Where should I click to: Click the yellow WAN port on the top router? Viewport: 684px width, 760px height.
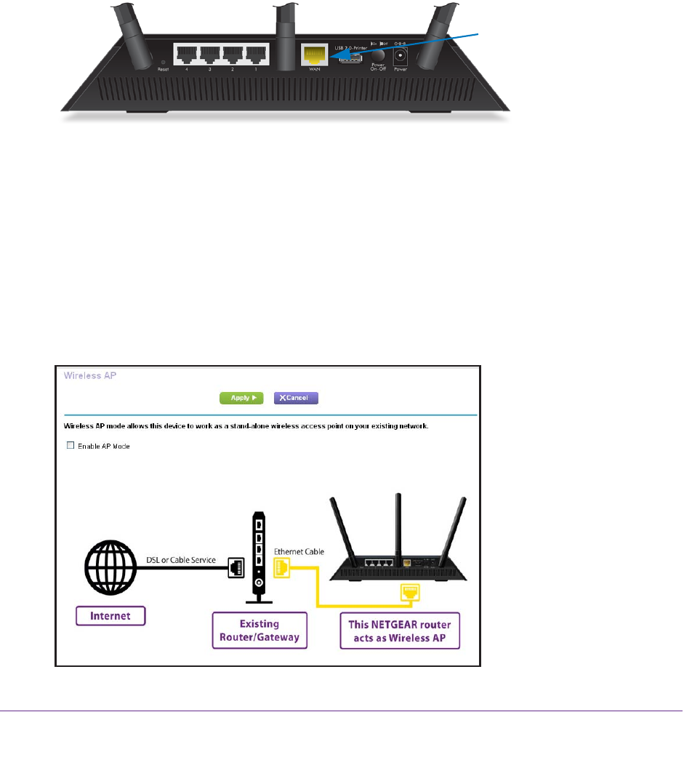(314, 55)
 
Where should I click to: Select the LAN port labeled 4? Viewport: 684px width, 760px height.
(187, 55)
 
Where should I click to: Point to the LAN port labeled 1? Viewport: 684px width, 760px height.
(257, 55)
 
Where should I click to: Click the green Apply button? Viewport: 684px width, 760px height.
(241, 399)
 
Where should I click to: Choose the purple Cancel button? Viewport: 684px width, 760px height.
(296, 399)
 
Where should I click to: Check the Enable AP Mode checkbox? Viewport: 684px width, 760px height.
(71, 446)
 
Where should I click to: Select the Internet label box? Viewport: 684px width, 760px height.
(110, 616)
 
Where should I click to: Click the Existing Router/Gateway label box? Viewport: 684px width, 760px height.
(260, 631)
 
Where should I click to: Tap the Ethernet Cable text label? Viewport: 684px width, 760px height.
(299, 552)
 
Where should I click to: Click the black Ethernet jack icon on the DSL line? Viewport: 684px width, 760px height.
(236, 570)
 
